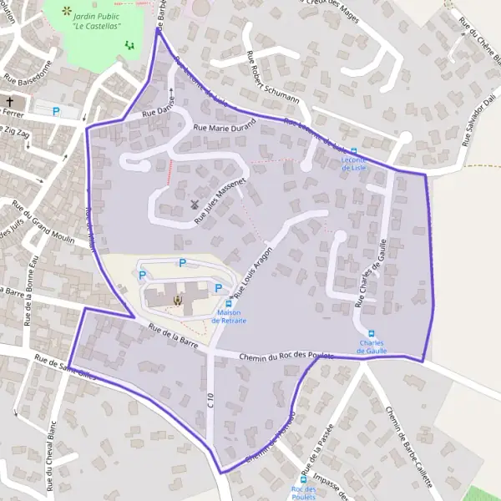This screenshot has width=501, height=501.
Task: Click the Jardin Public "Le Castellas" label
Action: (94, 19)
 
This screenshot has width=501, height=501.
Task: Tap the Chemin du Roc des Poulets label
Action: (286, 357)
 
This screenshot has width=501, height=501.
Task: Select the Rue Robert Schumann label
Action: (272, 77)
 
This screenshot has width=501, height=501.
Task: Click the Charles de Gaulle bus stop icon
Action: (372, 334)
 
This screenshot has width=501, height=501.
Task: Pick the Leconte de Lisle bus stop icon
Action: (354, 152)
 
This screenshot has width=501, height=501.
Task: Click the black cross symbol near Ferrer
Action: (11, 103)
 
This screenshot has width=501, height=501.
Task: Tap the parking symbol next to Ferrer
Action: (57, 110)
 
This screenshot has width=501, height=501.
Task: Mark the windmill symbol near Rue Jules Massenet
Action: (195, 204)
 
